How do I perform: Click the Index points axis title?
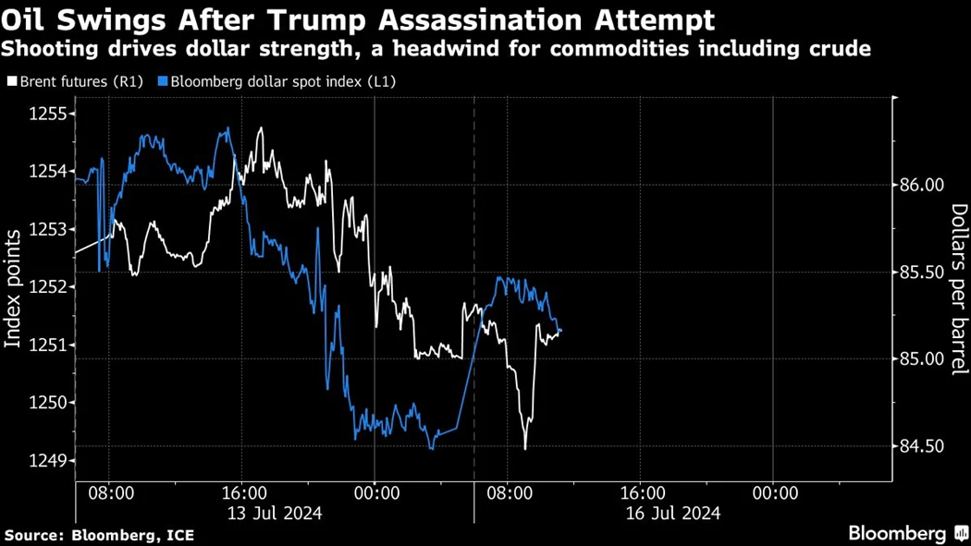(x=14, y=288)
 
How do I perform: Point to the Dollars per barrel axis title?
(x=959, y=287)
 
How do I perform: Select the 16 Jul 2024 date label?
(x=673, y=513)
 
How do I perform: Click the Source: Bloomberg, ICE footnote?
(x=99, y=535)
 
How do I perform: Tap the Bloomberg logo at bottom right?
(x=907, y=533)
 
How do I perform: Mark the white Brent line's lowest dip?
(x=524, y=449)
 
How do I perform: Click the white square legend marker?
(x=11, y=81)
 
